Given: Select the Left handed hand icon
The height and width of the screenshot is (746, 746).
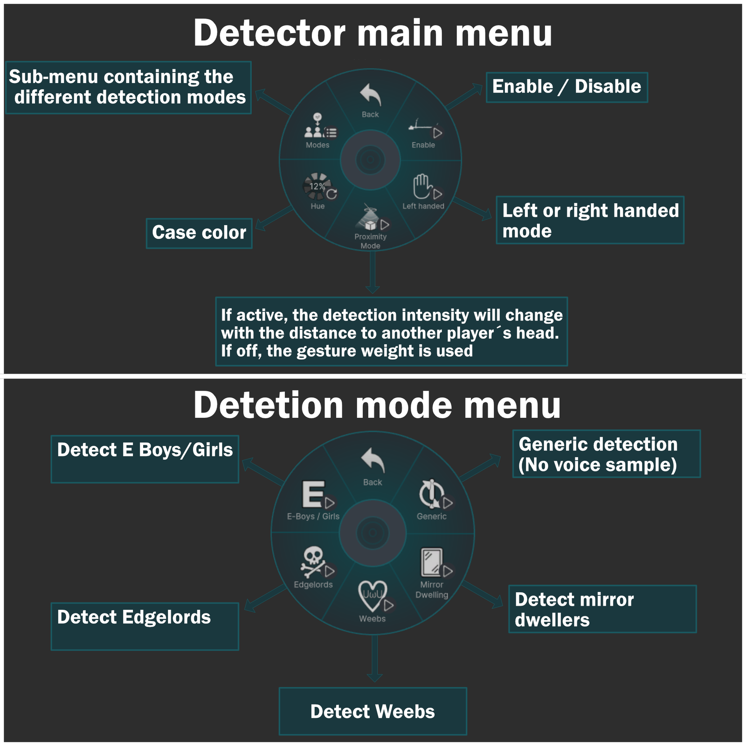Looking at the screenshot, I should tap(422, 186).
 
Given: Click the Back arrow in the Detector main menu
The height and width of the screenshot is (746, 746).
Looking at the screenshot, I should tap(371, 95).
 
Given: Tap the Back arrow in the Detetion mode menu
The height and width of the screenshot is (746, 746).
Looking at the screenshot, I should tap(373, 461).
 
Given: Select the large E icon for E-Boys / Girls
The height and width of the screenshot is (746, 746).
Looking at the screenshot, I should tap(313, 494).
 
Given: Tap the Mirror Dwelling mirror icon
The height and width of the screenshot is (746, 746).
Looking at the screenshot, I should tap(432, 562).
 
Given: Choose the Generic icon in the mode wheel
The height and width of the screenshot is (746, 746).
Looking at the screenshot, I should tap(432, 494).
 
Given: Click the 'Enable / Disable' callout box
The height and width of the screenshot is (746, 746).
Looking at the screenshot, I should tap(566, 87).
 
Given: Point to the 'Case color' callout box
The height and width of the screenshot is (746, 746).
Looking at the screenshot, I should tap(199, 233).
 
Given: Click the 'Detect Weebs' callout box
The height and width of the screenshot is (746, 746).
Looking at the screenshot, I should tap(373, 711).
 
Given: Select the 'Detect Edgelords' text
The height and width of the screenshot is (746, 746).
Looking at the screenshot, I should tap(134, 617).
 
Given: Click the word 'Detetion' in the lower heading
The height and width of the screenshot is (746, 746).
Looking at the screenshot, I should tap(269, 405).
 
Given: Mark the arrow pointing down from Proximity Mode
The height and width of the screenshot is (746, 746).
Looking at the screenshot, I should tap(372, 273).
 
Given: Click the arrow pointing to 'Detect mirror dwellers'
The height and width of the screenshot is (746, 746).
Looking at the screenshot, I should tap(482, 594).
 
